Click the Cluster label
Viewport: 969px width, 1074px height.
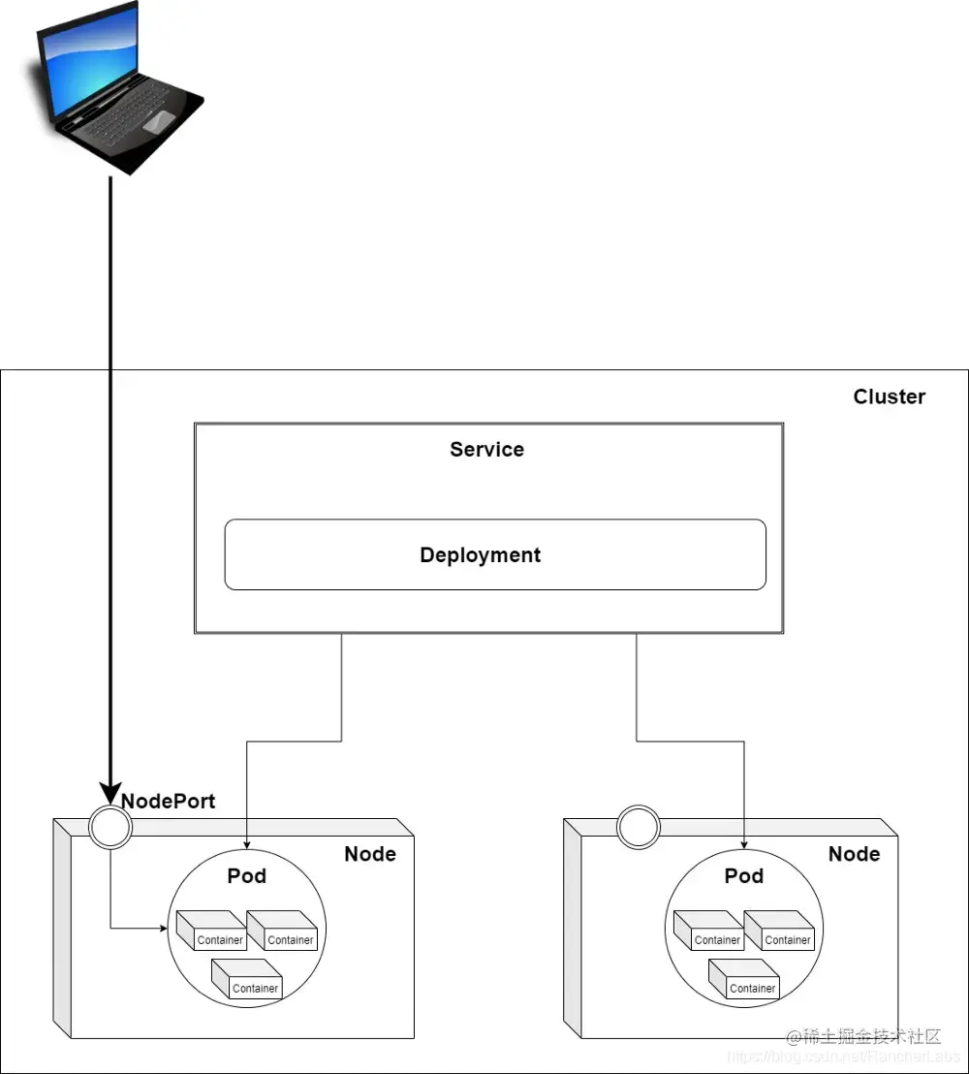click(x=889, y=396)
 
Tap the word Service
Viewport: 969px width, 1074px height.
click(x=486, y=450)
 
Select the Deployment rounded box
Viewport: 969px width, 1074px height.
click(x=494, y=554)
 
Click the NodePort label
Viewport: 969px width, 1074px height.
click(x=169, y=802)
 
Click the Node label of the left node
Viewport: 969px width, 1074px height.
click(x=370, y=854)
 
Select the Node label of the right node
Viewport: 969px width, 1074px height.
click(x=854, y=854)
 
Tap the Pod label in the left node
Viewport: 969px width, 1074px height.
click(x=246, y=876)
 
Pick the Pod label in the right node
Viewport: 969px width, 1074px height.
click(x=743, y=876)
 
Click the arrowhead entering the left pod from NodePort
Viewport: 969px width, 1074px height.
click(x=163, y=929)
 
